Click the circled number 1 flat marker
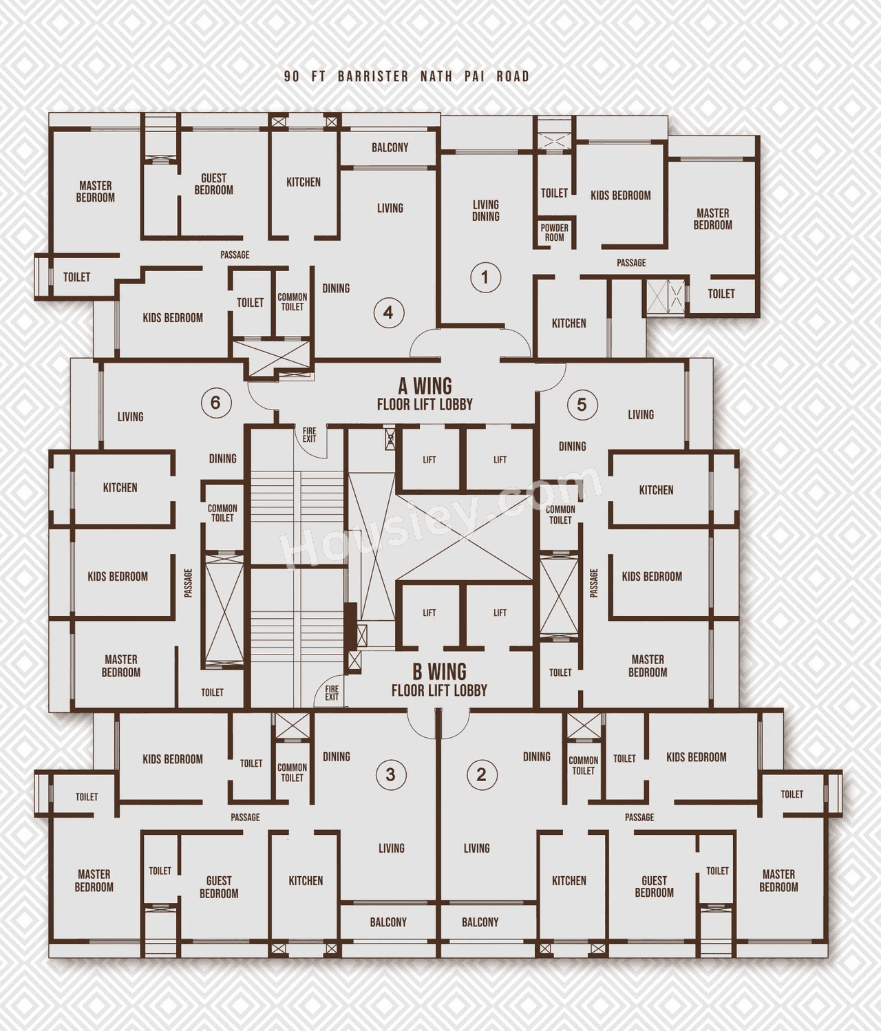(485, 277)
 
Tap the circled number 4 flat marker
(388, 312)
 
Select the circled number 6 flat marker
(215, 402)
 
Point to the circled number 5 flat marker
(582, 404)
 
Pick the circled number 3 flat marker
(390, 774)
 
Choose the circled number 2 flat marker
(481, 774)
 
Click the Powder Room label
(554, 233)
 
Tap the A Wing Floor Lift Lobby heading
(425, 394)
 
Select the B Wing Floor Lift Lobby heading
(439, 680)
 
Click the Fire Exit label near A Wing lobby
(309, 435)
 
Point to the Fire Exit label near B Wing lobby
(332, 692)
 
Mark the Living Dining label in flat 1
(485, 211)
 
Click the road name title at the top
(407, 76)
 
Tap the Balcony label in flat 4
(390, 147)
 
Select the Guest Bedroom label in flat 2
(654, 886)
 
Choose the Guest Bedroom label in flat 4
(213, 184)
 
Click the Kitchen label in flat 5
(656, 490)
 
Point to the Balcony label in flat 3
(388, 922)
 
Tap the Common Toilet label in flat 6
(222, 513)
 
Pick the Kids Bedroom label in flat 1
(620, 195)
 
